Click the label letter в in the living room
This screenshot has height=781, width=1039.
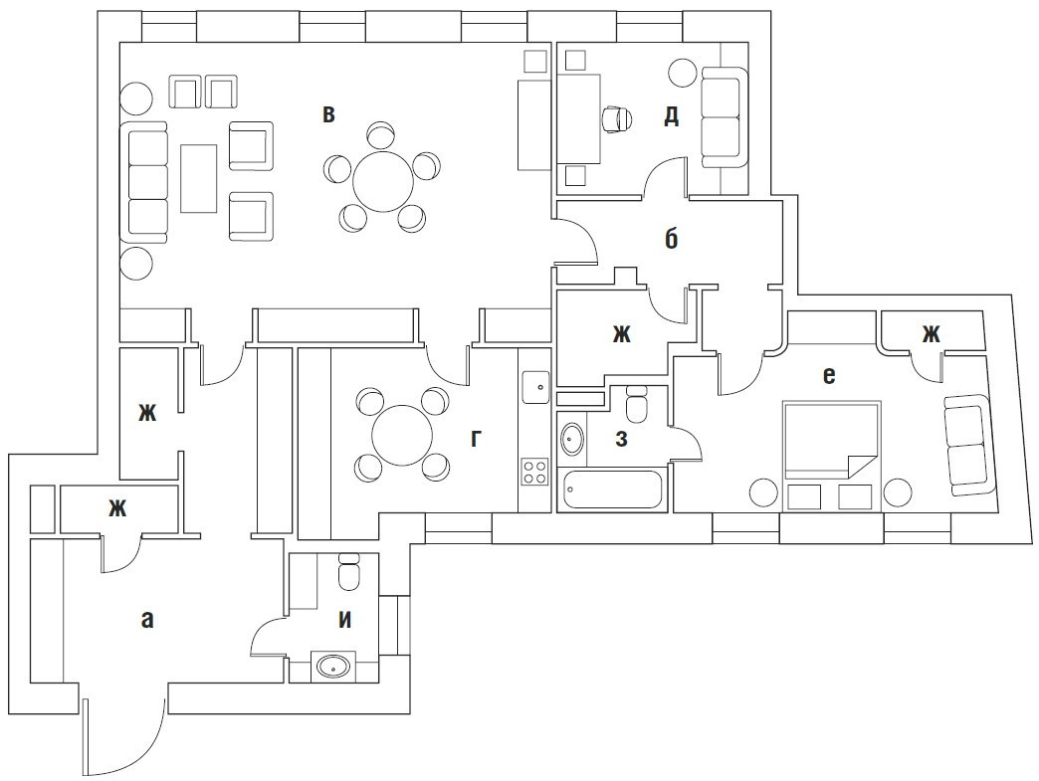click(x=328, y=114)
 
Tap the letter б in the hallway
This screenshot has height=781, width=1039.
click(x=672, y=239)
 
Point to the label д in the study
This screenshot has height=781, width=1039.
click(x=672, y=116)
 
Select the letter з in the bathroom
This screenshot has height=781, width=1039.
click(x=621, y=438)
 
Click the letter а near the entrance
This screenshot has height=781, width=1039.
click(x=147, y=620)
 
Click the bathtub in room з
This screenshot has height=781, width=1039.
click(x=611, y=491)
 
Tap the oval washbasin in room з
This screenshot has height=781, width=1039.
click(x=572, y=439)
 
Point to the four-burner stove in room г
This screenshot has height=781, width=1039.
click(x=534, y=470)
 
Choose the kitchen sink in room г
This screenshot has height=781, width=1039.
click(x=534, y=384)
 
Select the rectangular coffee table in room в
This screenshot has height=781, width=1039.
click(x=199, y=177)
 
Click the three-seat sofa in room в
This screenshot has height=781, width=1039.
click(x=145, y=183)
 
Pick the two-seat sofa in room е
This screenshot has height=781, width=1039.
click(x=966, y=444)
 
